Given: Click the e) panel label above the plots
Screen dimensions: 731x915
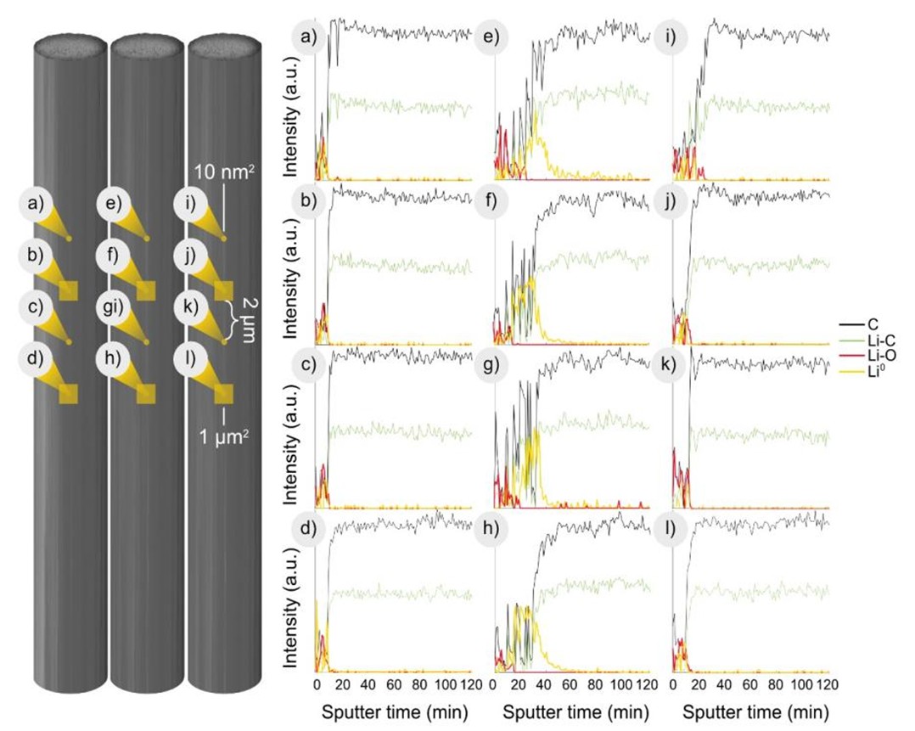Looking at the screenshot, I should pos(491,38).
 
